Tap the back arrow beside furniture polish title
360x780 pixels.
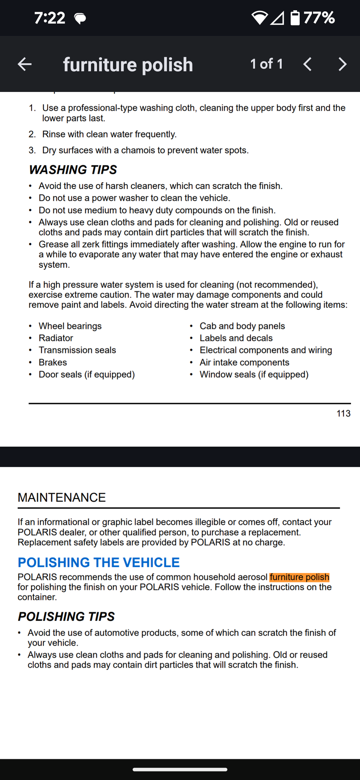[25, 64]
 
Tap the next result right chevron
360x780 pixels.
[342, 64]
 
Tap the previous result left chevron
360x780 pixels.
[308, 64]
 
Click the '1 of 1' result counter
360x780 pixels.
[266, 64]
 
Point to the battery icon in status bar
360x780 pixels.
[295, 18]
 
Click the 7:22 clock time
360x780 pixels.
[49, 18]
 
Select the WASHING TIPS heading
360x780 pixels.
[73, 169]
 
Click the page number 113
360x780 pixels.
[343, 413]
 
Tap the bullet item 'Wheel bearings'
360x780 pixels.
[70, 326]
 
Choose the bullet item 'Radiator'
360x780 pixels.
[56, 338]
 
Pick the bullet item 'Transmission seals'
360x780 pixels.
[77, 350]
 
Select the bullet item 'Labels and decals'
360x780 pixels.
[236, 338]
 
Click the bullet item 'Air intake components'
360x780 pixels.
[244, 362]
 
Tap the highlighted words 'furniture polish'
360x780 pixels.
[299, 577]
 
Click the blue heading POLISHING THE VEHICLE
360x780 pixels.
[99, 562]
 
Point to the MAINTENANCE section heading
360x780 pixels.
[62, 497]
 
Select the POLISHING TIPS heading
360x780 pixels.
[66, 616]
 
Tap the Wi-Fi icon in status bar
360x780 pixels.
[259, 18]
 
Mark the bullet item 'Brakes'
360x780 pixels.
[53, 362]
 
